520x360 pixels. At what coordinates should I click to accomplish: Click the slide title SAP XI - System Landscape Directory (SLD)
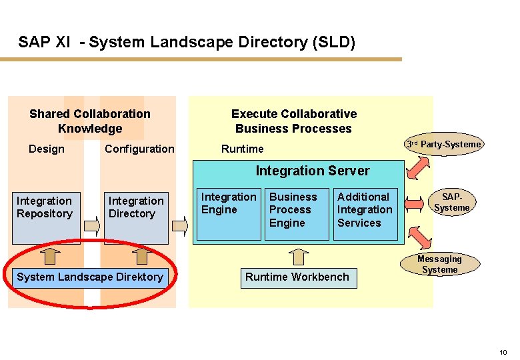[x=187, y=43]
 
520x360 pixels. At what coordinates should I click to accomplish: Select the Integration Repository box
[x=45, y=217]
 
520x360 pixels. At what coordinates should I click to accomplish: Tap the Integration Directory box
[x=137, y=217]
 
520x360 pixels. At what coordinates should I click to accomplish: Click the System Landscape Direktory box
[x=90, y=277]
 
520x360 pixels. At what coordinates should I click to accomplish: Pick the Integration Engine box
[x=229, y=214]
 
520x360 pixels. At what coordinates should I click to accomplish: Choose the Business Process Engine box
[x=297, y=214]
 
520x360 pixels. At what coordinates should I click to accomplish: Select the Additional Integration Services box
[x=365, y=214]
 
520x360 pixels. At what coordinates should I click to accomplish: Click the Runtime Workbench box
[x=297, y=277]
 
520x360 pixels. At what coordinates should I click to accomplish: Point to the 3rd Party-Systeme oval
[x=445, y=145]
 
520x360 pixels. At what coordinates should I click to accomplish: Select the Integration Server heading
[x=313, y=171]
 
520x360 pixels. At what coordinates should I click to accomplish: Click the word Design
[x=47, y=149]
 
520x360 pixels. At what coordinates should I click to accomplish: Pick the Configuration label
[x=139, y=149]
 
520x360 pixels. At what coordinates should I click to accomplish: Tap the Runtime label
[x=243, y=149]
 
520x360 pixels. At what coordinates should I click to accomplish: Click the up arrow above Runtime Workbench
[x=301, y=257]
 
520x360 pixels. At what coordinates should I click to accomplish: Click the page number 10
[x=503, y=352]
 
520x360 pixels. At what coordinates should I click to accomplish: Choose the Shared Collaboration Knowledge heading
[x=90, y=121]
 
